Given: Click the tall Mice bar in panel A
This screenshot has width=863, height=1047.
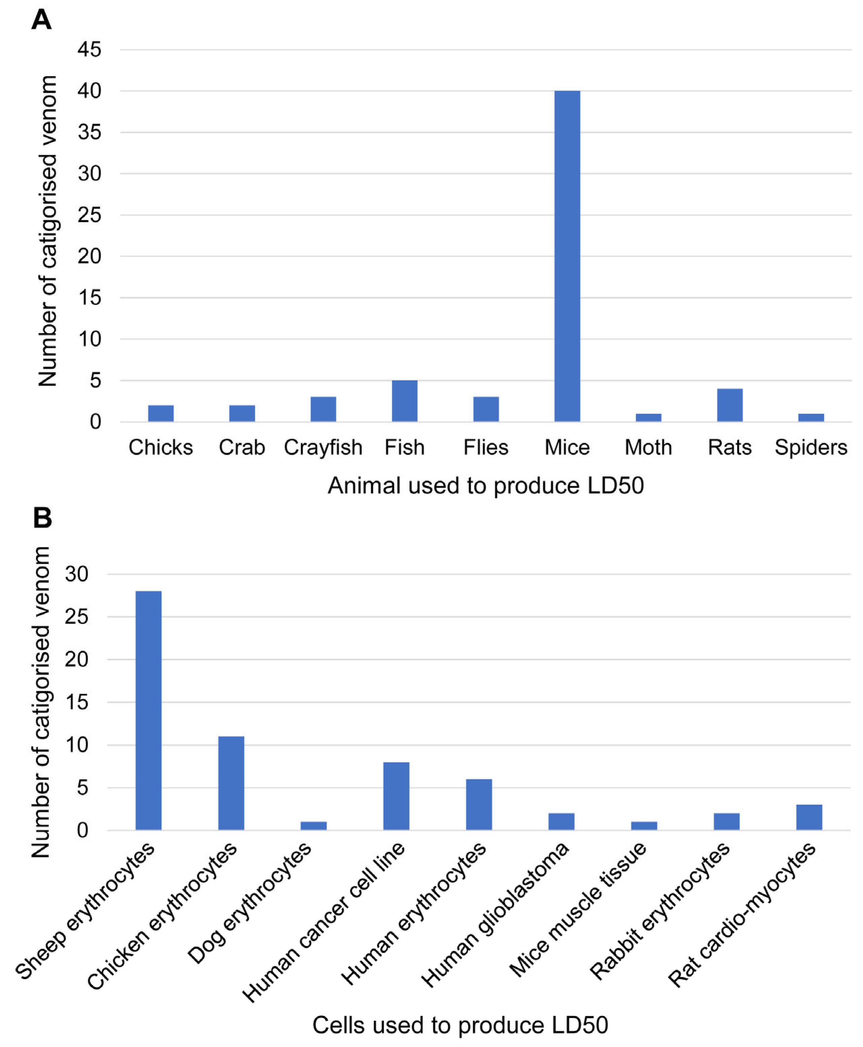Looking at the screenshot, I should click(567, 256).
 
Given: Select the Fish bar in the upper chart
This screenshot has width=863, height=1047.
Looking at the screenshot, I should click(405, 401).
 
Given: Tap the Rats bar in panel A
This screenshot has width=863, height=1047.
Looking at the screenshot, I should click(730, 405).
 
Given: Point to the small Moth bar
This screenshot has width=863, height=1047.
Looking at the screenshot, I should click(648, 417).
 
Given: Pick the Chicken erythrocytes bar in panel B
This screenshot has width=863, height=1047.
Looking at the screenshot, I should click(231, 783).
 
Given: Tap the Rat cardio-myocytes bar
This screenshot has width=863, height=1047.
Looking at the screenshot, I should click(809, 817).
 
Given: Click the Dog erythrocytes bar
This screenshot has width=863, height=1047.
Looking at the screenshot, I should click(314, 825).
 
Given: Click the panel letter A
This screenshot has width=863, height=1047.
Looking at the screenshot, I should click(41, 20).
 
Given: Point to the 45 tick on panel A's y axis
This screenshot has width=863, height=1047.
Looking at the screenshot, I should click(90, 50).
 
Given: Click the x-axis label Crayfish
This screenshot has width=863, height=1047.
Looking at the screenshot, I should click(323, 447).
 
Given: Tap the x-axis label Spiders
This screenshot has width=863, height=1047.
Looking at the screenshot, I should click(811, 447).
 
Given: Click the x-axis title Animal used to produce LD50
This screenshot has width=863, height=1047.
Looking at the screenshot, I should click(486, 485).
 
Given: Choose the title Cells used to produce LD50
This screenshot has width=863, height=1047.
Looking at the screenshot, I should click(460, 1025).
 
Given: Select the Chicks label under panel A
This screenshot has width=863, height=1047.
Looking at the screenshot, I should click(161, 447).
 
